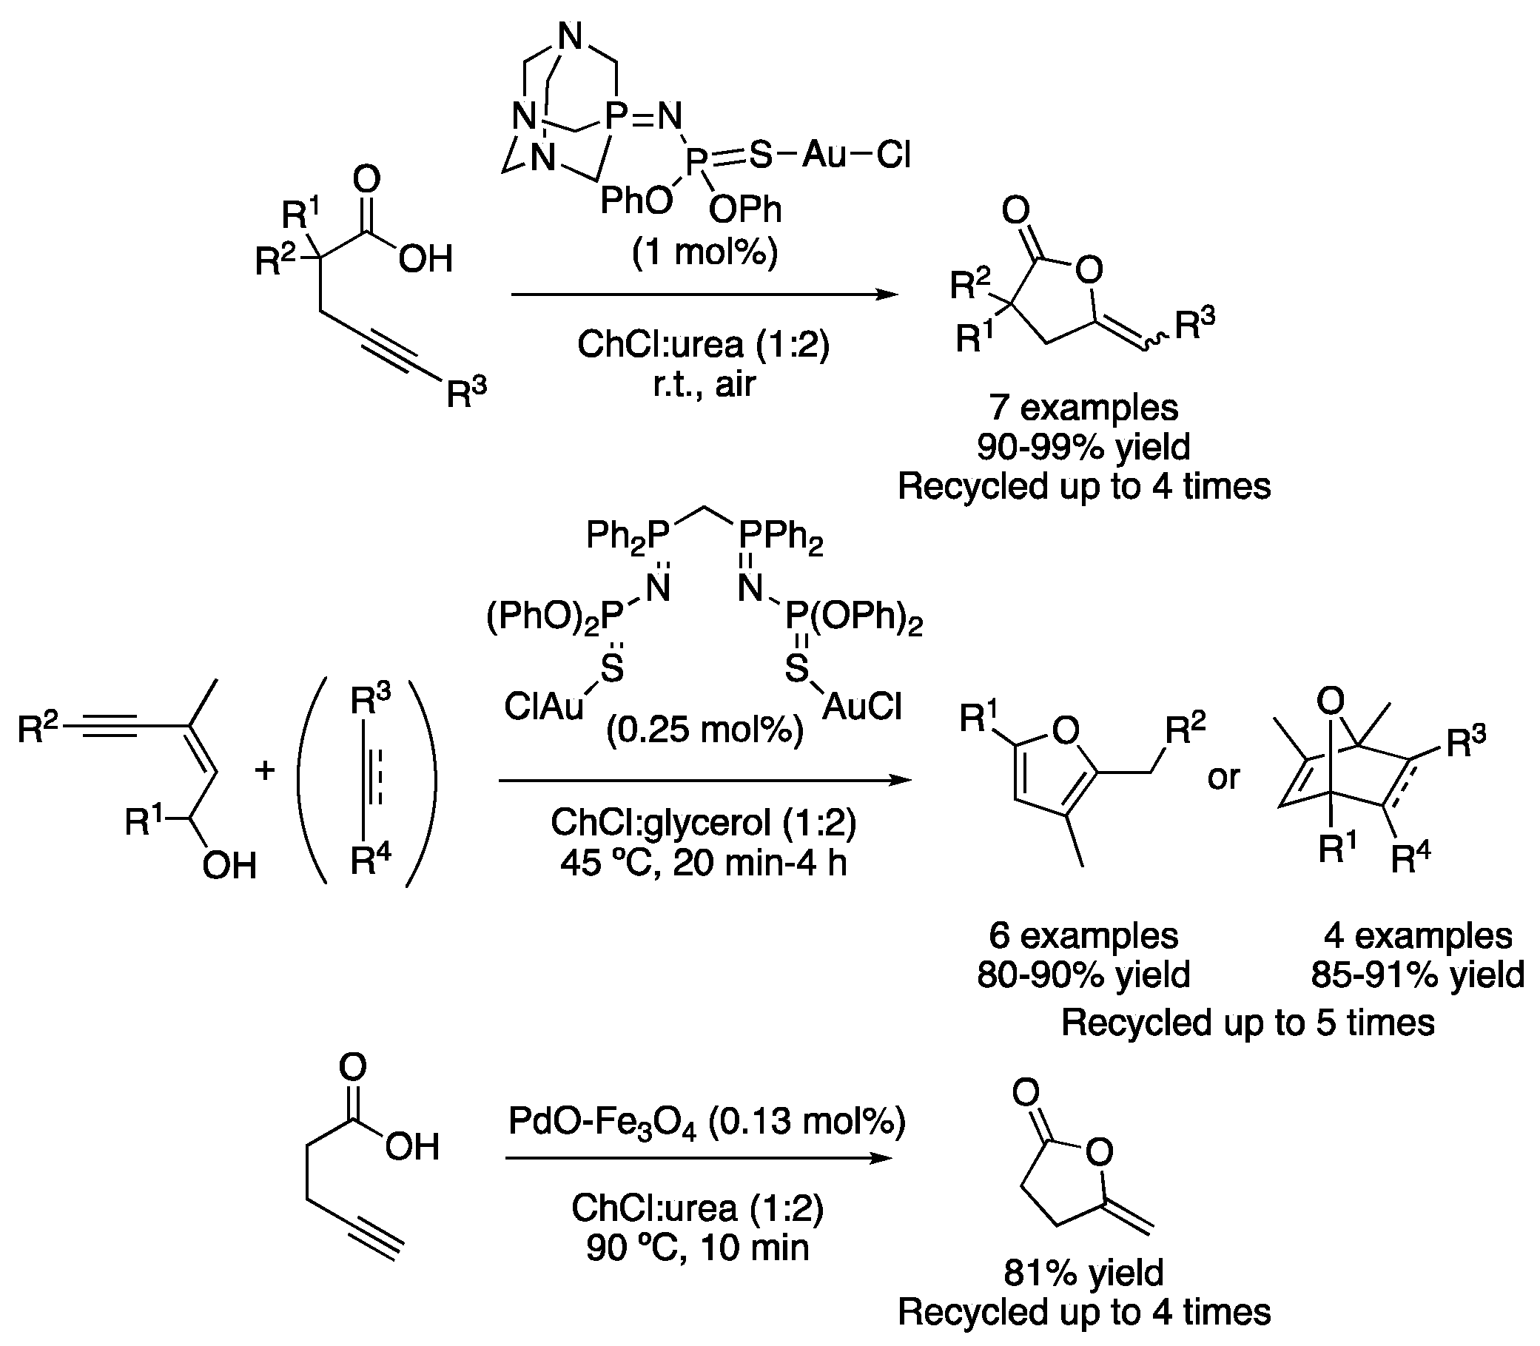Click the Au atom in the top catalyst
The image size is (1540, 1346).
coord(824,155)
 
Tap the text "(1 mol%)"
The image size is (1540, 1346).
coord(705,252)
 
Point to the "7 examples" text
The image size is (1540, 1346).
coord(1084,408)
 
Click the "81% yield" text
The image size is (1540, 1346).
coord(1084,1273)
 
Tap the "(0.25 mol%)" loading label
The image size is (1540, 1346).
coord(705,730)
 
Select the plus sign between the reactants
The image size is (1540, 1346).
coord(264,770)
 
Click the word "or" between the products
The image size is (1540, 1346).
coord(1223,778)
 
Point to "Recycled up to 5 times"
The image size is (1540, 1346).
coord(1248,1023)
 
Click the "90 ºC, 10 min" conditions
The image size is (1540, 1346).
coord(698,1248)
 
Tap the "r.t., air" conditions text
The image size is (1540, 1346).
coord(704,385)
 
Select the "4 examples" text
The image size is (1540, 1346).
coord(1419,936)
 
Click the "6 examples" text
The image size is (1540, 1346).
coord(1084,936)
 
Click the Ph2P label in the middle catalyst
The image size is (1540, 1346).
coord(628,536)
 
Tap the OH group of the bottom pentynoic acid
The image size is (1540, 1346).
coord(412,1147)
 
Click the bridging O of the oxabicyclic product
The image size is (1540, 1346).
coord(1331,701)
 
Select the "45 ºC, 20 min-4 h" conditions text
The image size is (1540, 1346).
coord(704,863)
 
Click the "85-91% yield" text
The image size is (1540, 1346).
coord(1419,975)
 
